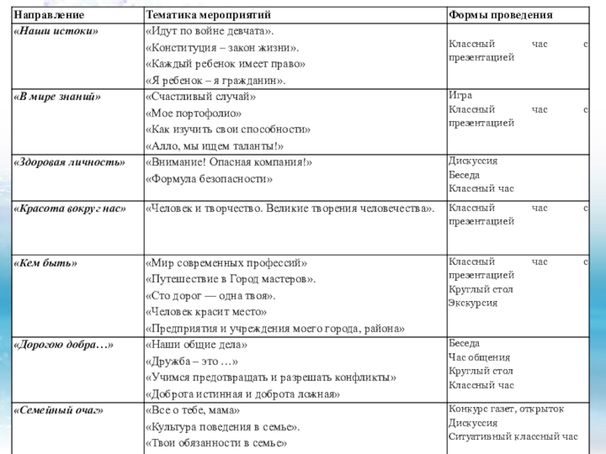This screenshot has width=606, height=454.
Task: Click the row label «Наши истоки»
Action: click(57, 31)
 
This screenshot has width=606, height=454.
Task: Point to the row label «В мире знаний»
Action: click(58, 97)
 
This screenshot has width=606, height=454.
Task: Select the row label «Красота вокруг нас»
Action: click(70, 208)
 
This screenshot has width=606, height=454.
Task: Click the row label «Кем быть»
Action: click(46, 263)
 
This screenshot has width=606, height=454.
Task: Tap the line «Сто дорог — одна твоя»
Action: click(211, 295)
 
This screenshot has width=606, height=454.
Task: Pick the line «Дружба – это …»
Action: click(192, 361)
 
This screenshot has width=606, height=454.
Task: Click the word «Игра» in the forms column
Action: click(461, 96)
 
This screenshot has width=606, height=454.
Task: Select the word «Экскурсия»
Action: click(473, 303)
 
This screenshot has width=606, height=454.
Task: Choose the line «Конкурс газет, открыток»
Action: click(506, 409)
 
